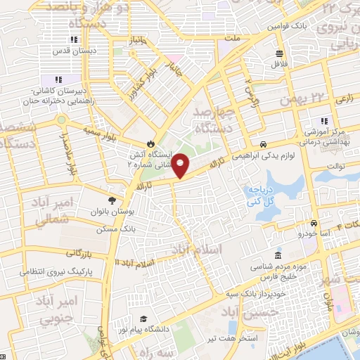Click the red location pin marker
click(x=181, y=165)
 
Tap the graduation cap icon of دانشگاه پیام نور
click(x=143, y=320)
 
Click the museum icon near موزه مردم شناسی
click(x=278, y=254)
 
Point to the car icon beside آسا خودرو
click(x=304, y=223)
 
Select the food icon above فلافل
click(x=279, y=54)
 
